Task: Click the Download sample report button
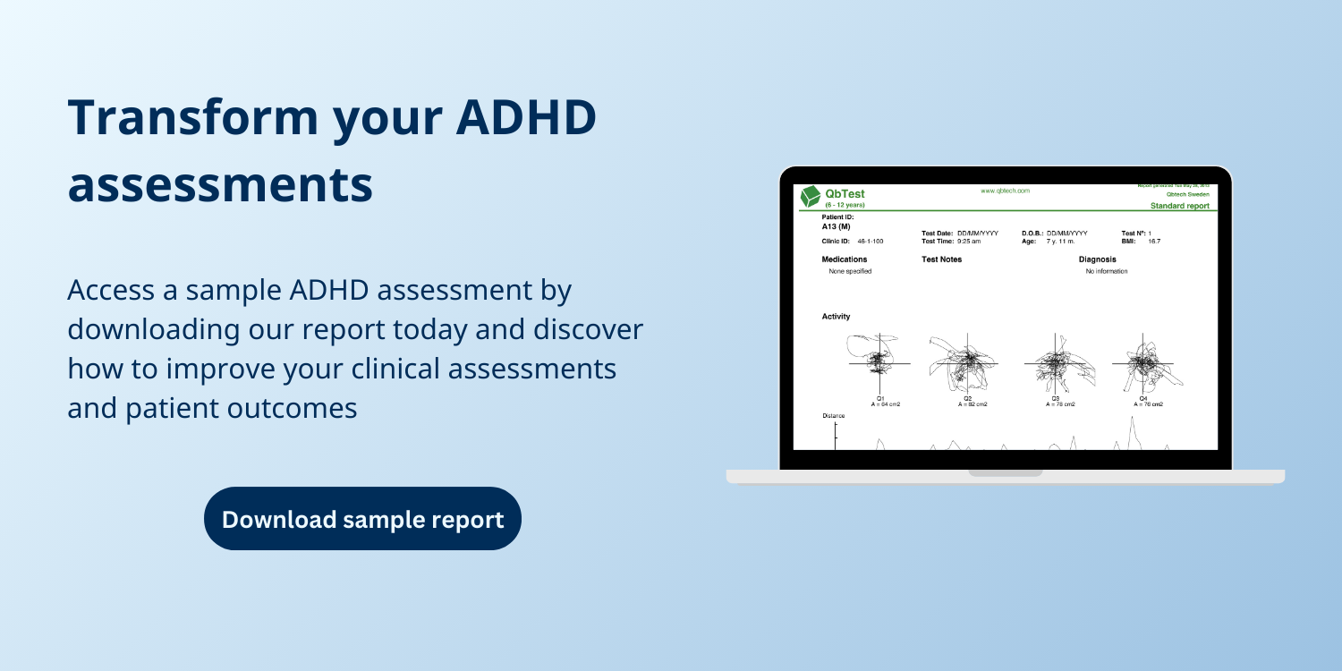(362, 519)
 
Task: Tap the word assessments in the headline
(220, 184)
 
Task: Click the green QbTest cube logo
(184, 197)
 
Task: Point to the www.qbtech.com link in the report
(1005, 191)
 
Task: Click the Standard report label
(1179, 206)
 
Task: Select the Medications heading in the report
(217, 259)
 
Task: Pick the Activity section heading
(209, 317)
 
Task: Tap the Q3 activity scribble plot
(1056, 363)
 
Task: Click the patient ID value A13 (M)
(208, 226)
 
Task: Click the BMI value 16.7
(1154, 241)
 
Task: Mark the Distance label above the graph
(207, 416)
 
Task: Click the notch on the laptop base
(1005, 472)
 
